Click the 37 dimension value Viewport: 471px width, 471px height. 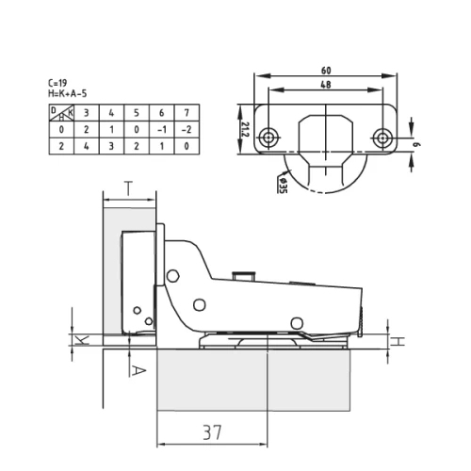212,432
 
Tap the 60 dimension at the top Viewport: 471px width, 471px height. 326,71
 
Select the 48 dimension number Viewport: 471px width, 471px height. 326,85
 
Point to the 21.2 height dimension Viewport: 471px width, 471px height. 246,129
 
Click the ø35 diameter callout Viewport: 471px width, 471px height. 283,186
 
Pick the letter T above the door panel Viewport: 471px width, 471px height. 128,188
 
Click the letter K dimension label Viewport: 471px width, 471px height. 83,340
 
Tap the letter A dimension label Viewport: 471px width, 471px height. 138,371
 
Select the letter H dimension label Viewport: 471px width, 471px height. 398,341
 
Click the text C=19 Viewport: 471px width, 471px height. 57,83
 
